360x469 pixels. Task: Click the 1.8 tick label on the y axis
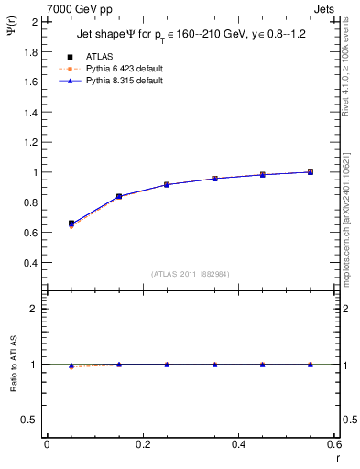29,51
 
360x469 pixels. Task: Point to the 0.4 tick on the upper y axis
29,263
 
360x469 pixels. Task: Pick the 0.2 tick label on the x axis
142,444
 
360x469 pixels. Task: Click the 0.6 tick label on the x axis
334,444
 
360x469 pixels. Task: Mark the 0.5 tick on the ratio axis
29,420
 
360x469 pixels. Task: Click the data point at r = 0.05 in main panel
71,223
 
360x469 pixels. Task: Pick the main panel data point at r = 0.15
119,196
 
